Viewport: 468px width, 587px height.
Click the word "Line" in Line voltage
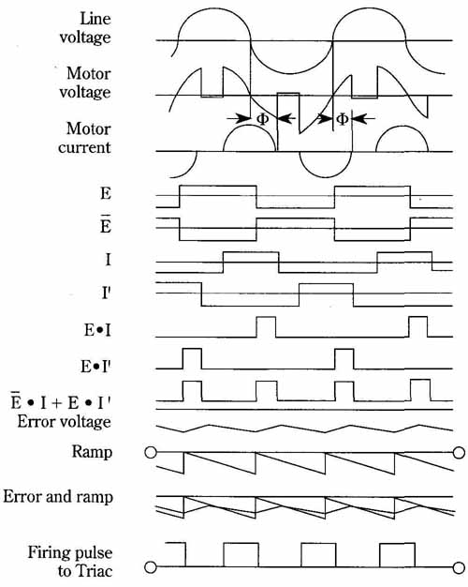[95, 19]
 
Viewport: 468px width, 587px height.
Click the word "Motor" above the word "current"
[89, 128]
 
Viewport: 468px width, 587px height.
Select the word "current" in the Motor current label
[84, 147]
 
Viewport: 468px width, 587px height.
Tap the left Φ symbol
[263, 119]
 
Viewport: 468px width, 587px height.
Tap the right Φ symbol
[343, 119]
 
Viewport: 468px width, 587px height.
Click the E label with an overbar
[106, 224]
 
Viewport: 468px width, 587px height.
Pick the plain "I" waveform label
[108, 259]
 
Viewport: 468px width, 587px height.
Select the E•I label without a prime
[97, 330]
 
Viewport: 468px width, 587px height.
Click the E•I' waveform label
[96, 367]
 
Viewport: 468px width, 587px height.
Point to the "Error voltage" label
[64, 422]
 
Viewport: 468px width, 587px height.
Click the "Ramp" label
[92, 451]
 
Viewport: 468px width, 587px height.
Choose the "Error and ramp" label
[58, 497]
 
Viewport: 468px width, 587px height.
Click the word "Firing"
[51, 553]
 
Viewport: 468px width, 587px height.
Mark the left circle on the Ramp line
[151, 453]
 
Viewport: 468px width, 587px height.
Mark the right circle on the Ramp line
[459, 453]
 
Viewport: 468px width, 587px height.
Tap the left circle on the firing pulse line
[151, 567]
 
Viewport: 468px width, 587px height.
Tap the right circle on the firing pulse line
[459, 567]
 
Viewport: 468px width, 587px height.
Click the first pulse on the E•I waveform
[266, 327]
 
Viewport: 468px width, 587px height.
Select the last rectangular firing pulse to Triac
[397, 555]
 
